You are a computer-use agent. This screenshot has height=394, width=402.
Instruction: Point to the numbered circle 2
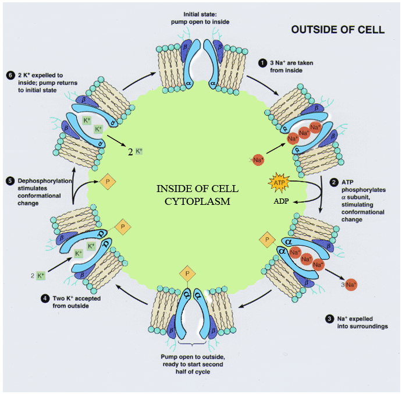click(334, 182)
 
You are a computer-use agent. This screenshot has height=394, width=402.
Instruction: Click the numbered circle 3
click(329, 318)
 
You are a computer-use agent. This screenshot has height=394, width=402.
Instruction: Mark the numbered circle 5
click(9, 181)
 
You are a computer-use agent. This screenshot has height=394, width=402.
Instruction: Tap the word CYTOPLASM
click(198, 201)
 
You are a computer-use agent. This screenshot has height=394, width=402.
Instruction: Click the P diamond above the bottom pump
click(187, 272)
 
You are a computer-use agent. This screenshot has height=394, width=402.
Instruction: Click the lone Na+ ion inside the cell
click(258, 159)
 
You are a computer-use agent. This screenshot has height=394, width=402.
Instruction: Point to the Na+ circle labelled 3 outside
click(350, 285)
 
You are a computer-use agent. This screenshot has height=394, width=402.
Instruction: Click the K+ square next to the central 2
click(138, 152)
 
